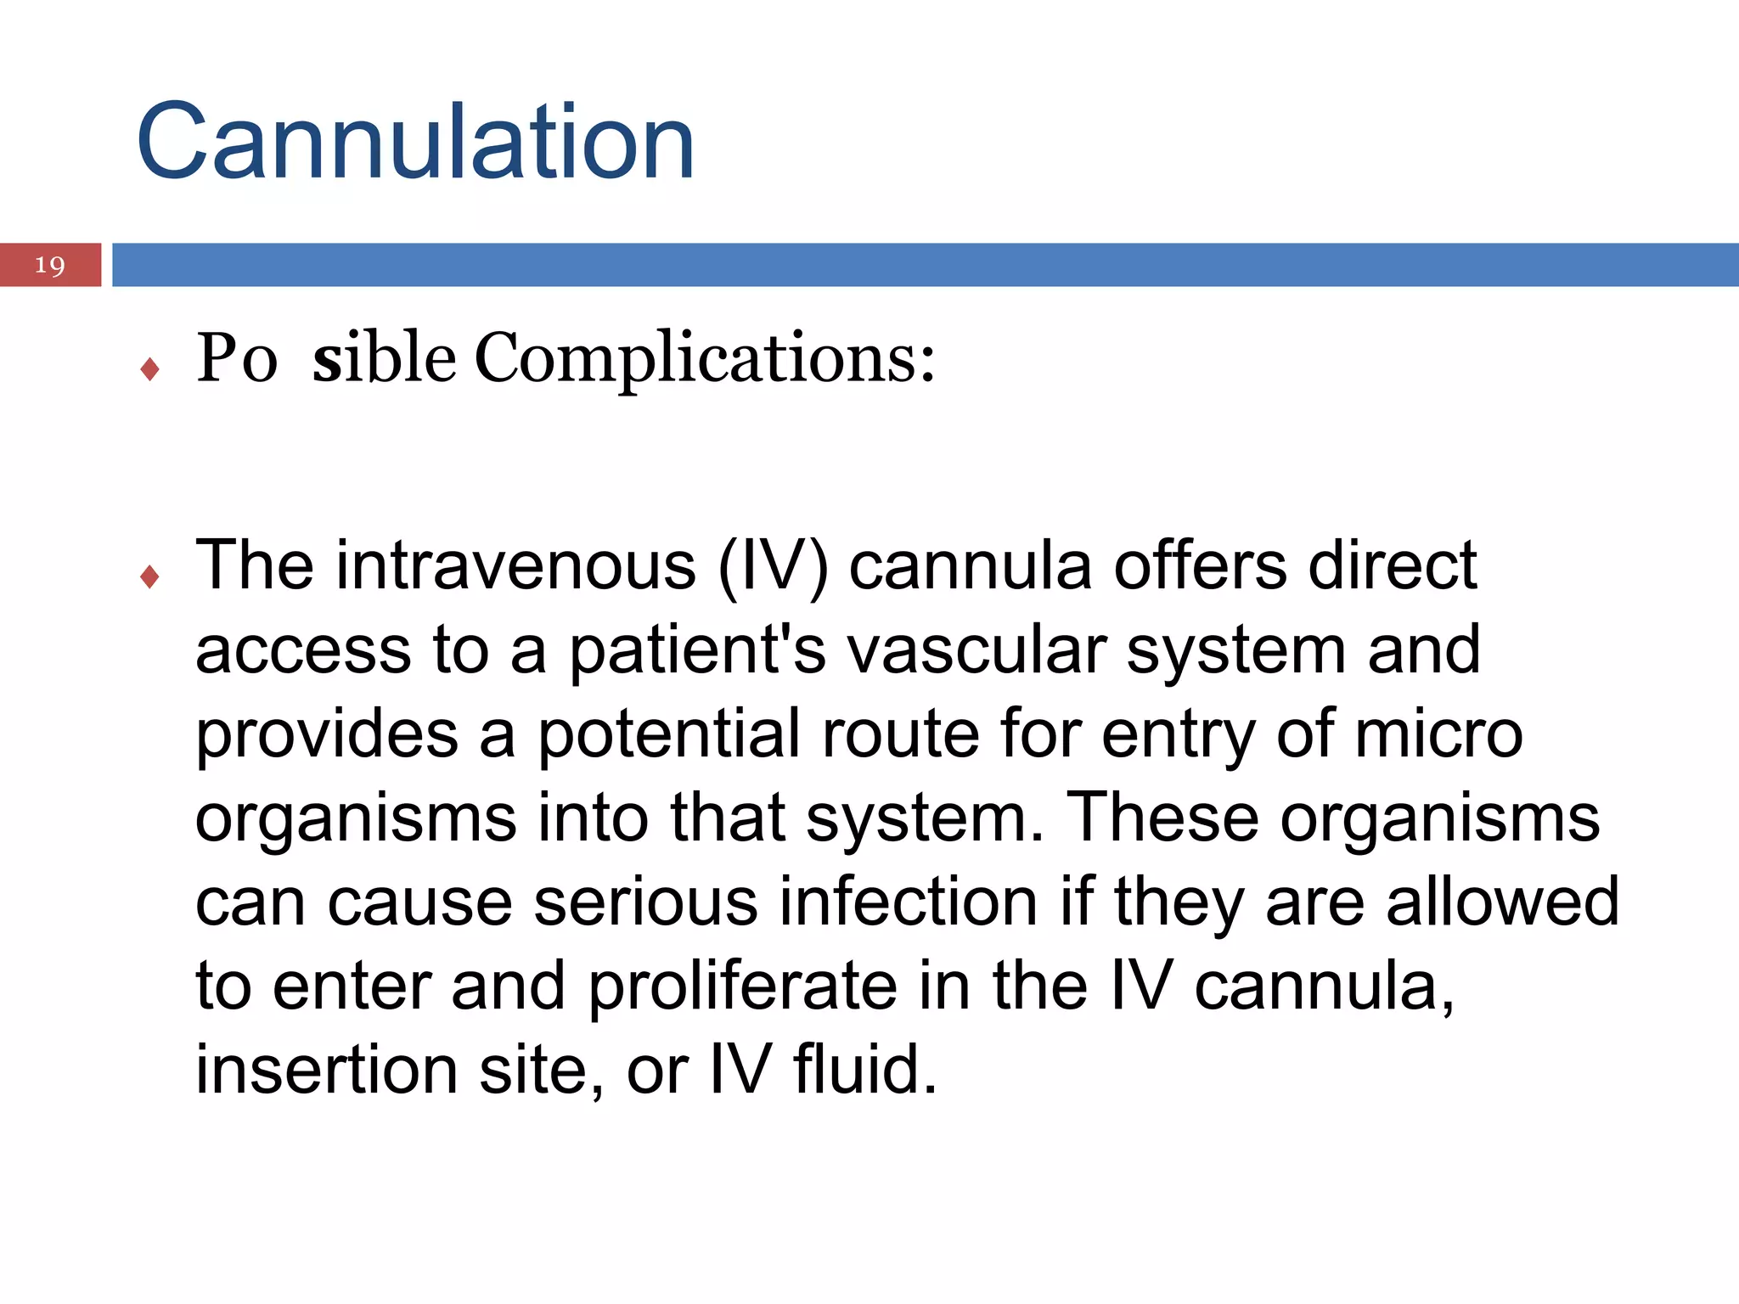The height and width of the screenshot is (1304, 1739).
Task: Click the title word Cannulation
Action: (x=415, y=142)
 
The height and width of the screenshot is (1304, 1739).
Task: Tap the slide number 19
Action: (x=50, y=266)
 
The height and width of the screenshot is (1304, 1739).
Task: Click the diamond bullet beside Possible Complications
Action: (x=150, y=369)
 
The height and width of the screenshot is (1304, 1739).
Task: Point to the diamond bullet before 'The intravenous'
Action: (x=150, y=577)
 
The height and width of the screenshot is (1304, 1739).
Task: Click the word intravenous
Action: (x=516, y=565)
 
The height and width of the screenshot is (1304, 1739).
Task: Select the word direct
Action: (x=1393, y=565)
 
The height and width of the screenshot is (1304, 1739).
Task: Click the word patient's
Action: (x=696, y=650)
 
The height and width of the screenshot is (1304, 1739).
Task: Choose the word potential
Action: (x=669, y=735)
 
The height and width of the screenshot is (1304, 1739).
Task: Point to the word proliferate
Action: (x=743, y=986)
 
